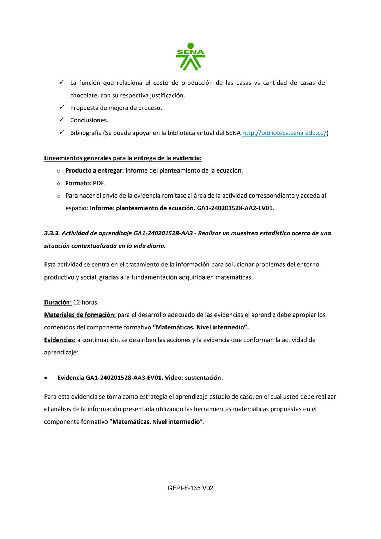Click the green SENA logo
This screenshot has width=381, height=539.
pyautogui.click(x=190, y=56)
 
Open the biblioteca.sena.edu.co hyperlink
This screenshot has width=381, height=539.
pyautogui.click(x=284, y=133)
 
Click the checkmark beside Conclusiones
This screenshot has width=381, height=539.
pyautogui.click(x=61, y=120)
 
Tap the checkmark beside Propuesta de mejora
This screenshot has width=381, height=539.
pyautogui.click(x=61, y=107)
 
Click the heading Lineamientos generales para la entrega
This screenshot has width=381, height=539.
pyautogui.click(x=123, y=158)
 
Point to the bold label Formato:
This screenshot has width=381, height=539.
pyautogui.click(x=78, y=183)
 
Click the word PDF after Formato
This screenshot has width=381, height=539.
pyautogui.click(x=99, y=183)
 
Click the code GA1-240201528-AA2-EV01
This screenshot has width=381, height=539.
pyautogui.click(x=235, y=208)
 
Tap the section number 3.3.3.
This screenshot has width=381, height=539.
pyautogui.click(x=52, y=233)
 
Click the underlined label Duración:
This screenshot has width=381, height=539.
pyautogui.click(x=58, y=303)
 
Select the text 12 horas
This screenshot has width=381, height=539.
pyautogui.click(x=86, y=303)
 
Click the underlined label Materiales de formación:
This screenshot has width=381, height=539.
pyautogui.click(x=80, y=315)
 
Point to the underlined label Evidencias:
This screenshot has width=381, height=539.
pyautogui.click(x=60, y=340)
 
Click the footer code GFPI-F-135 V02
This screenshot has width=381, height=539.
pyautogui.click(x=190, y=488)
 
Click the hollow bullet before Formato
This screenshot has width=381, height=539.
pyautogui.click(x=58, y=184)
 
